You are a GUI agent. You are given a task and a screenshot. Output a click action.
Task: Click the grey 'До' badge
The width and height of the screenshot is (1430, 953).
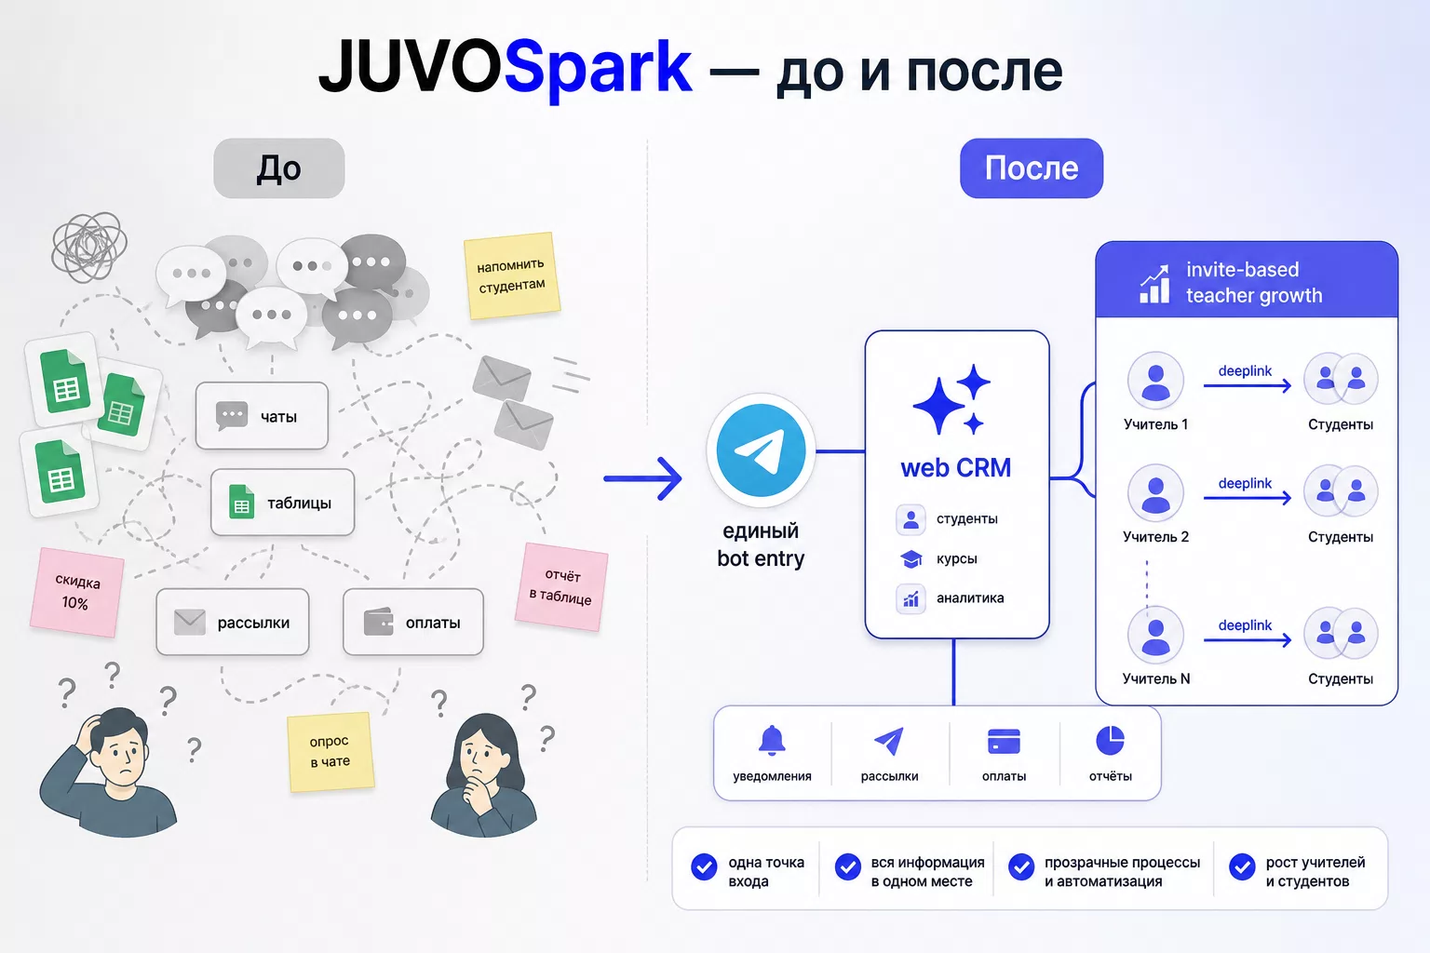pyautogui.click(x=279, y=168)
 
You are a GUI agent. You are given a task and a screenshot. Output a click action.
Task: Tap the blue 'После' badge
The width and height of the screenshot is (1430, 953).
pyautogui.click(x=1031, y=168)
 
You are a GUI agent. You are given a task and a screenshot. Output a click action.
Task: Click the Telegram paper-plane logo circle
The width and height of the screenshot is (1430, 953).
pyautogui.click(x=761, y=450)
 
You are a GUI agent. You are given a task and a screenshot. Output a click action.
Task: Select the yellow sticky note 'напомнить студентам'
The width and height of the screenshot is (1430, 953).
pyautogui.click(x=512, y=275)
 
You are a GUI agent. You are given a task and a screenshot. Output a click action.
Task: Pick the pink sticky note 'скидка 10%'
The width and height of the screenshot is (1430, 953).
pyautogui.click(x=76, y=592)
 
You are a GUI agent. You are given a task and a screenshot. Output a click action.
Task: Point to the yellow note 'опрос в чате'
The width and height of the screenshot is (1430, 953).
pyautogui.click(x=331, y=751)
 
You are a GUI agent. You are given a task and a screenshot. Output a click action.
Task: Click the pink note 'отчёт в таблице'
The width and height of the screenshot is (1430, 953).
pyautogui.click(x=561, y=586)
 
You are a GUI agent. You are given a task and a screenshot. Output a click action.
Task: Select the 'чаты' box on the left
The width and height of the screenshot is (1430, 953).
pyautogui.click(x=262, y=416)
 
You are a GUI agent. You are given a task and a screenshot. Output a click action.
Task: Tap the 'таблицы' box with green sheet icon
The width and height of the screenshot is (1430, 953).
pyautogui.click(x=282, y=503)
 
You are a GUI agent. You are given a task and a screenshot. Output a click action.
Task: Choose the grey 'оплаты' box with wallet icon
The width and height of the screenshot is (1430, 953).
pyautogui.click(x=413, y=622)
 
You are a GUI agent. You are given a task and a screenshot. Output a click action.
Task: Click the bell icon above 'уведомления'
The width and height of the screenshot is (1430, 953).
pyautogui.click(x=772, y=741)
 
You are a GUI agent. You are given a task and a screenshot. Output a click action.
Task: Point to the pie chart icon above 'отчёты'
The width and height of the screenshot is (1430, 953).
pyautogui.click(x=1110, y=741)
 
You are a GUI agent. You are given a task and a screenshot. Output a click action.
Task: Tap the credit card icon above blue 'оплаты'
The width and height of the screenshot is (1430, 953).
pyautogui.click(x=1004, y=742)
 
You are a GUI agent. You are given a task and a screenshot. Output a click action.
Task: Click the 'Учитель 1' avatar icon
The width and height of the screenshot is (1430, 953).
pyautogui.click(x=1155, y=381)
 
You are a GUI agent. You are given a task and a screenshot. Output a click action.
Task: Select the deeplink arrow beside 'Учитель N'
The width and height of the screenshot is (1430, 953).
pyautogui.click(x=1248, y=639)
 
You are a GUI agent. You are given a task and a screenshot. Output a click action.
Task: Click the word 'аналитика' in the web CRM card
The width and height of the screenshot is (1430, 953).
pyautogui.click(x=970, y=598)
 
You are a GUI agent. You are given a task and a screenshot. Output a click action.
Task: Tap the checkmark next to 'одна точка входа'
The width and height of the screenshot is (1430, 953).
pyautogui.click(x=704, y=866)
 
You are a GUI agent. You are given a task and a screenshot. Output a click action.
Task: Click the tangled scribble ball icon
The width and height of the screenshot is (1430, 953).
pyautogui.click(x=89, y=247)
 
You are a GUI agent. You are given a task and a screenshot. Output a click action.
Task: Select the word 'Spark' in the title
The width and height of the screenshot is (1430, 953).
pyautogui.click(x=599, y=68)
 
